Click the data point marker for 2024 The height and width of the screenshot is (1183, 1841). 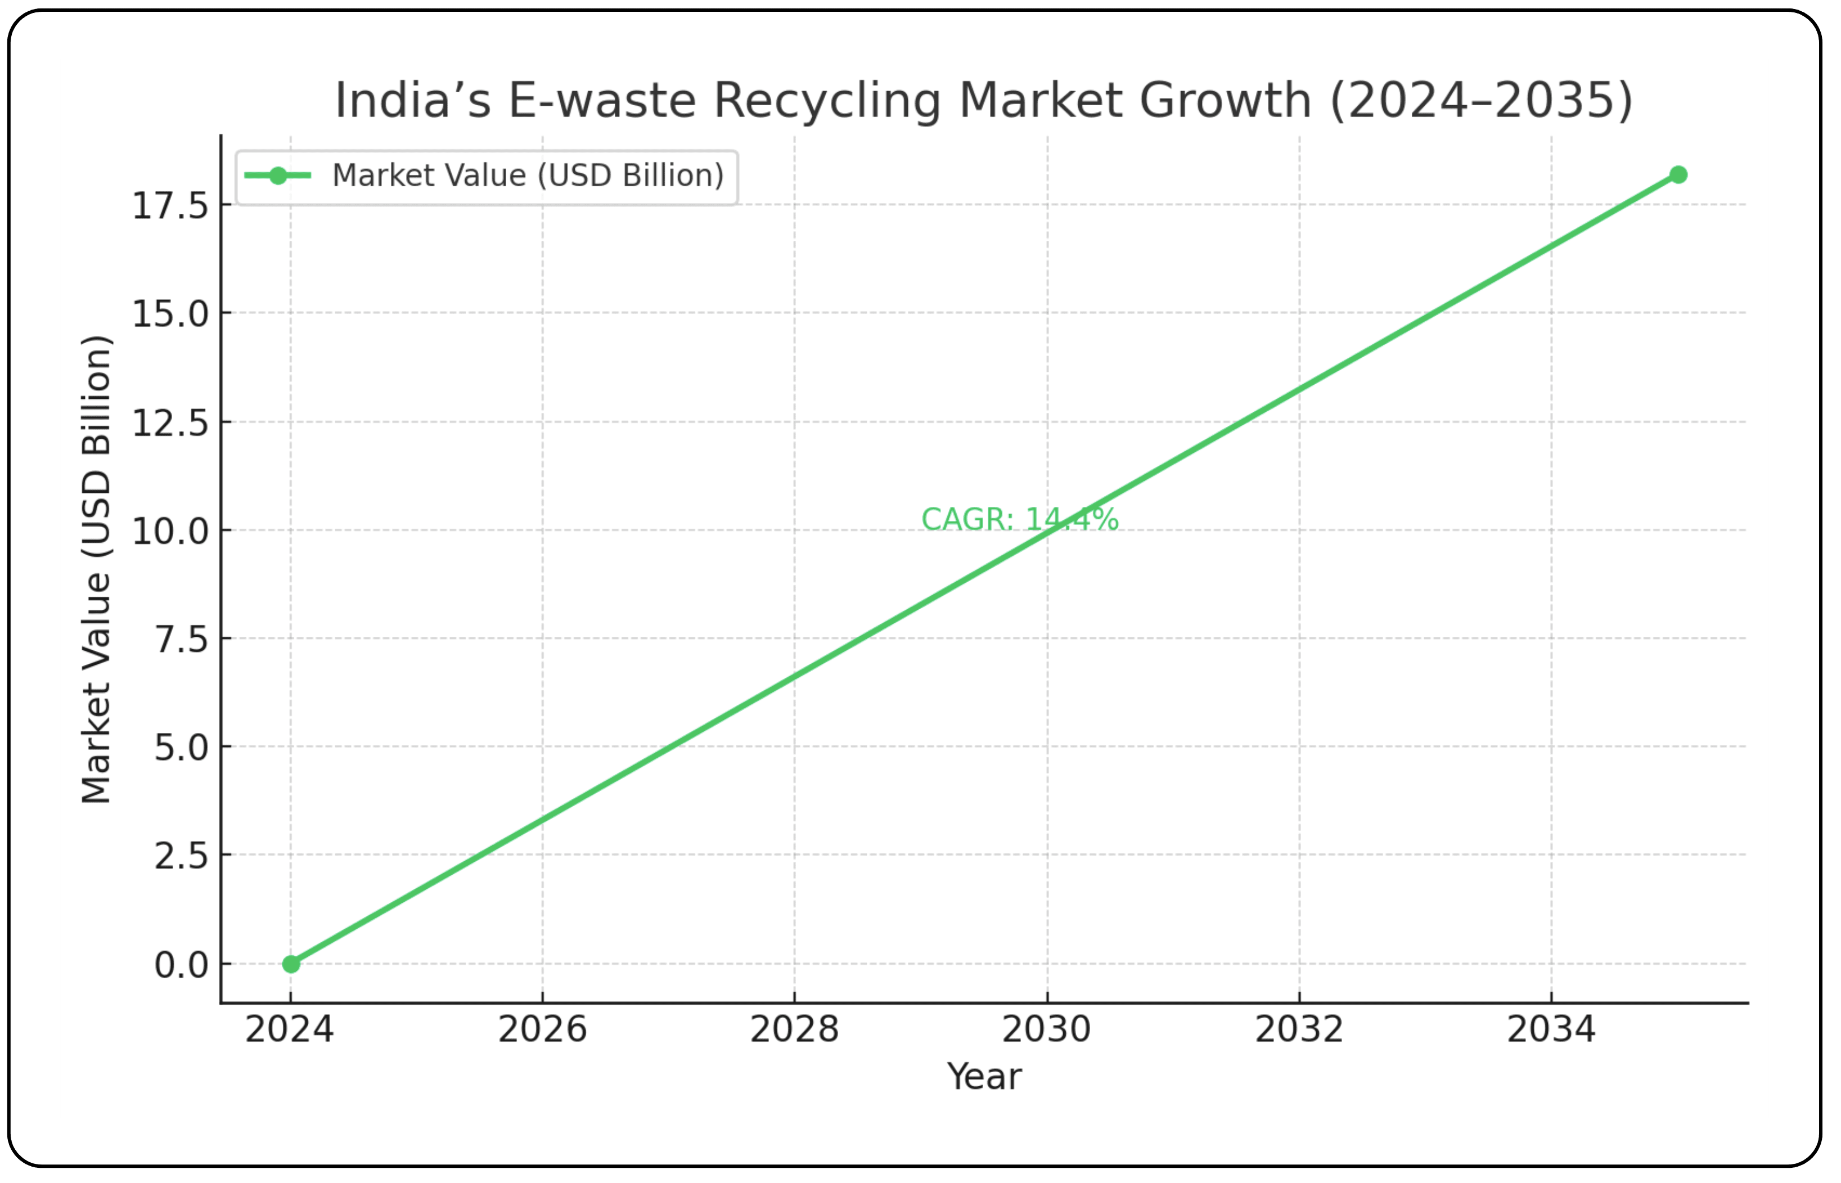click(290, 963)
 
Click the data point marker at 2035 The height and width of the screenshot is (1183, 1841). click(1678, 175)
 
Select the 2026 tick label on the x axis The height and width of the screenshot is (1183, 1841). click(542, 1029)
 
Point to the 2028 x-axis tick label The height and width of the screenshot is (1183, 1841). click(794, 1029)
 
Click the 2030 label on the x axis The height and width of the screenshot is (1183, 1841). click(1046, 1029)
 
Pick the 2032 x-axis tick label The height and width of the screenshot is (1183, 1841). click(1299, 1029)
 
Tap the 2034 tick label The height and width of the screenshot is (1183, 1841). click(1551, 1029)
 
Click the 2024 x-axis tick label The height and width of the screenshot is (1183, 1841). click(290, 1029)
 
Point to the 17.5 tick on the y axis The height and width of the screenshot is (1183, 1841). click(170, 206)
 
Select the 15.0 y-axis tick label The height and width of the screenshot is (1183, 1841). click(170, 314)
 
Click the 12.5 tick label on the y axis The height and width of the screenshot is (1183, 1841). click(170, 423)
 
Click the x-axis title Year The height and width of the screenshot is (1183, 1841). click(984, 1076)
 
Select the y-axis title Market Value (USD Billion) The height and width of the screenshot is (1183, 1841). click(97, 569)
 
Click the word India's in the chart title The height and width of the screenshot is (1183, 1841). click(412, 101)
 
